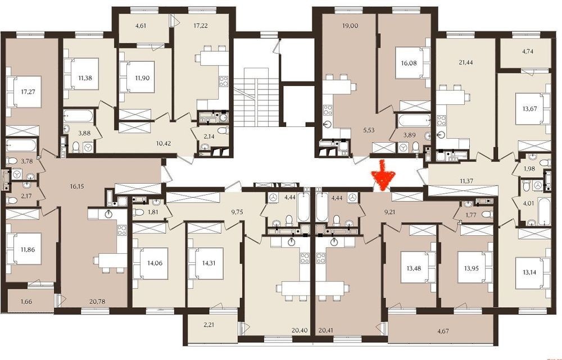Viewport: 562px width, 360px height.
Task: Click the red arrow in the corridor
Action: click(x=384, y=175)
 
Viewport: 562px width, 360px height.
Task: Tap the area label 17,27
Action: click(x=28, y=92)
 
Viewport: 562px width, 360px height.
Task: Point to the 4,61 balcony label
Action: click(x=131, y=26)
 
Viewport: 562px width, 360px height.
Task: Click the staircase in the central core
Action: click(x=256, y=97)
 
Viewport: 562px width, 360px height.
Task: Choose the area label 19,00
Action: click(x=350, y=26)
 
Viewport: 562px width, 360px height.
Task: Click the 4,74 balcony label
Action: click(x=528, y=51)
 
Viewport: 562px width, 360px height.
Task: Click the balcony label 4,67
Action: click(x=443, y=331)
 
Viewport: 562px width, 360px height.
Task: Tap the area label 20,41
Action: click(x=325, y=331)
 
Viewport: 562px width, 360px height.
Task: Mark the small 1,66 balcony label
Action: click(x=26, y=301)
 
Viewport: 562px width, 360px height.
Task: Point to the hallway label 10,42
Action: click(x=164, y=143)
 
